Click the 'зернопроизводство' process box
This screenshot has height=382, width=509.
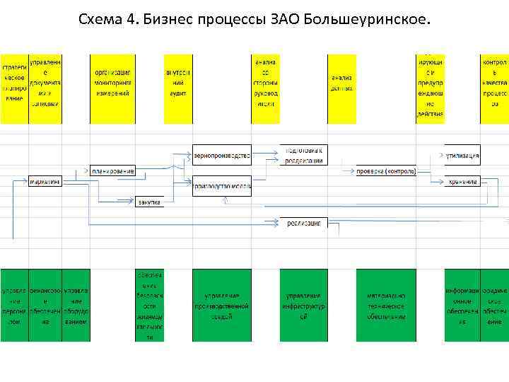(222, 155)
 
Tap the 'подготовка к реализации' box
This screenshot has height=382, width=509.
(303, 156)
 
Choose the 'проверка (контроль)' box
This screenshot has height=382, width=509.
(386, 171)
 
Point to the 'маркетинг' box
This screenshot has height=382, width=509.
(45, 182)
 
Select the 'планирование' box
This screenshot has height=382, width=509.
(112, 170)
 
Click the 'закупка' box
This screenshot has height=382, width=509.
(149, 202)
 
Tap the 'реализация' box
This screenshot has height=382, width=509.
(303, 223)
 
